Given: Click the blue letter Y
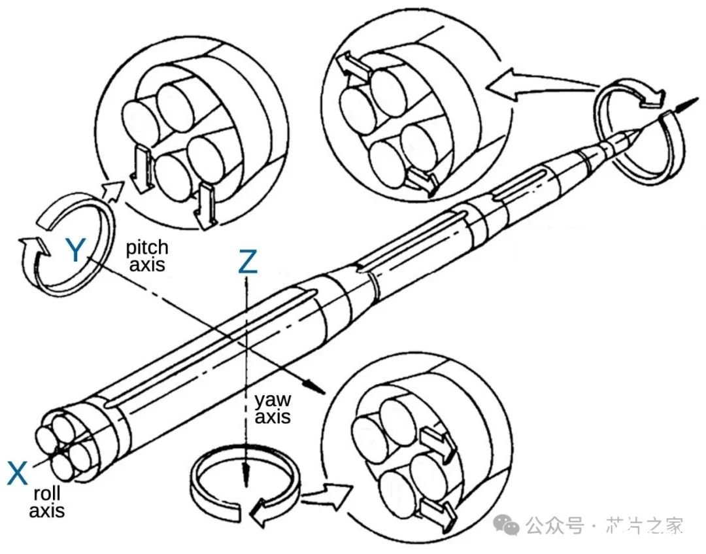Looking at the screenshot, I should click(76, 251).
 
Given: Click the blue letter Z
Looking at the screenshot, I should click(248, 262).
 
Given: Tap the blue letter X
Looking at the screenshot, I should click(18, 473).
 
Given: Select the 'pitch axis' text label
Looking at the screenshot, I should click(147, 256).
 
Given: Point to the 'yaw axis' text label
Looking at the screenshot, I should click(273, 408).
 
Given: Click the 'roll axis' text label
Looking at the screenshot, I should click(46, 500).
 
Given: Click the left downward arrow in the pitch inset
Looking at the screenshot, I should click(143, 169).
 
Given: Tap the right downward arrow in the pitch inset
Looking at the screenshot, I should click(207, 205).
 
